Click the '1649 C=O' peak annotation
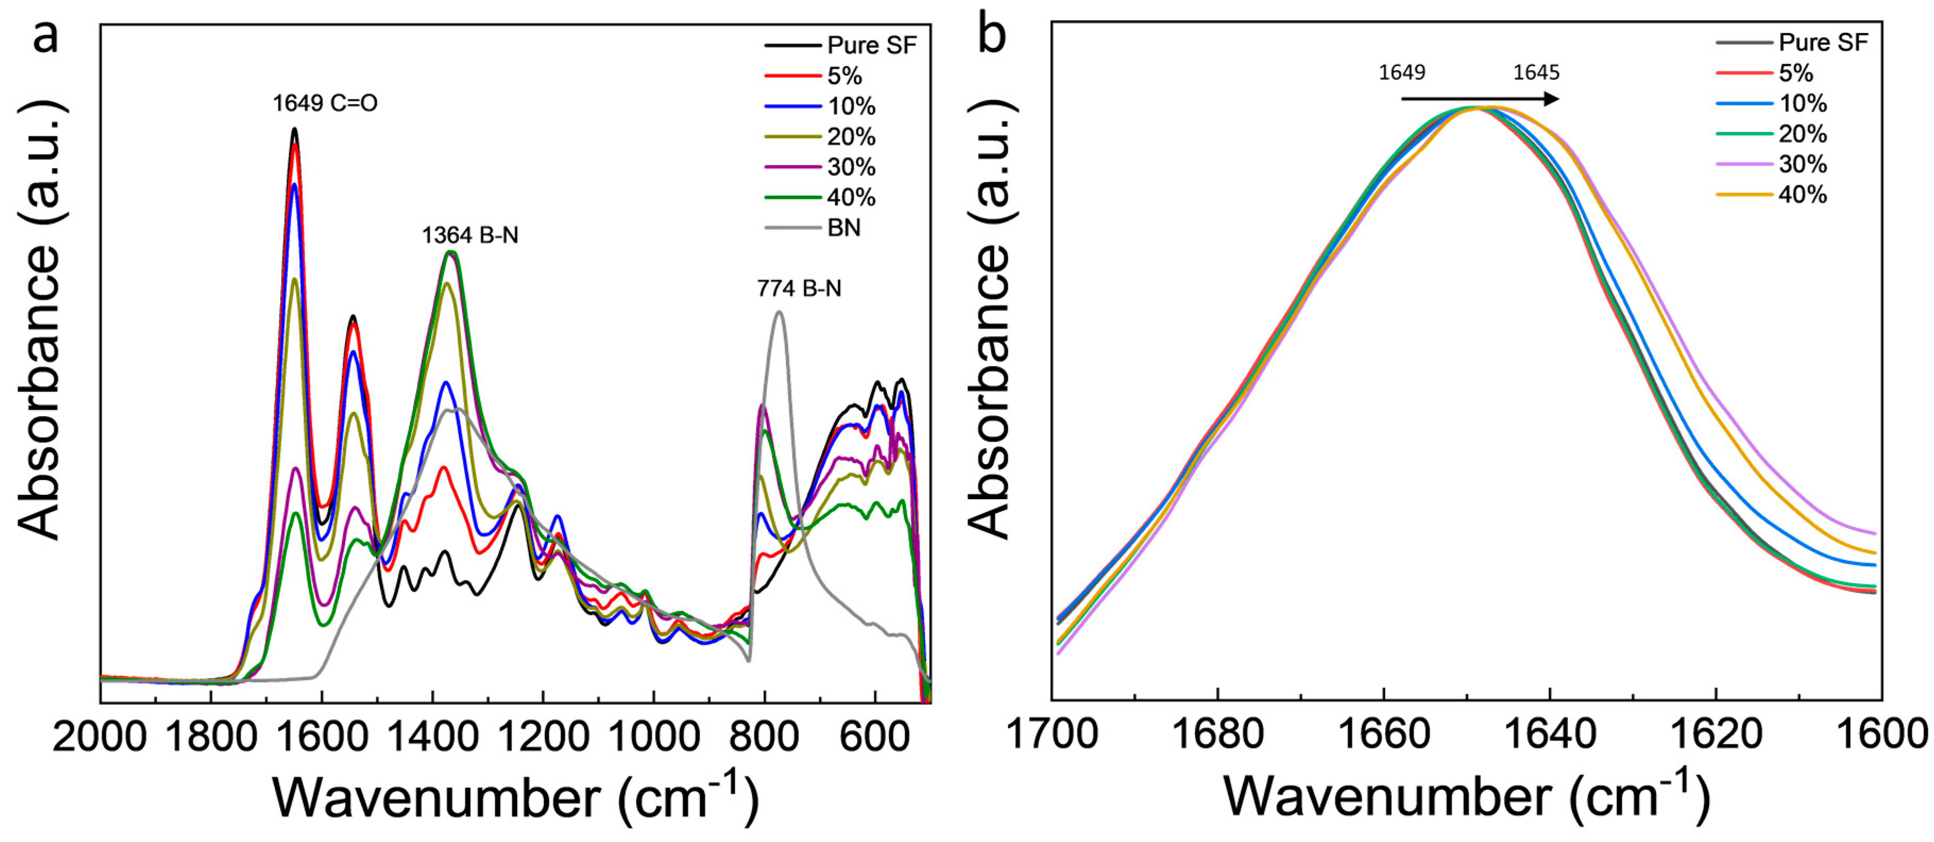point(325,103)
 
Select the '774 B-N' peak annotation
point(799,289)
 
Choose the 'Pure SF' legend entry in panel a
point(871,45)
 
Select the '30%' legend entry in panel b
point(1802,164)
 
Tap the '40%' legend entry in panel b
point(1802,195)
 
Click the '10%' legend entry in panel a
point(850,106)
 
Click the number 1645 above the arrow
point(1536,73)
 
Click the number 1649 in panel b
point(1402,73)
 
